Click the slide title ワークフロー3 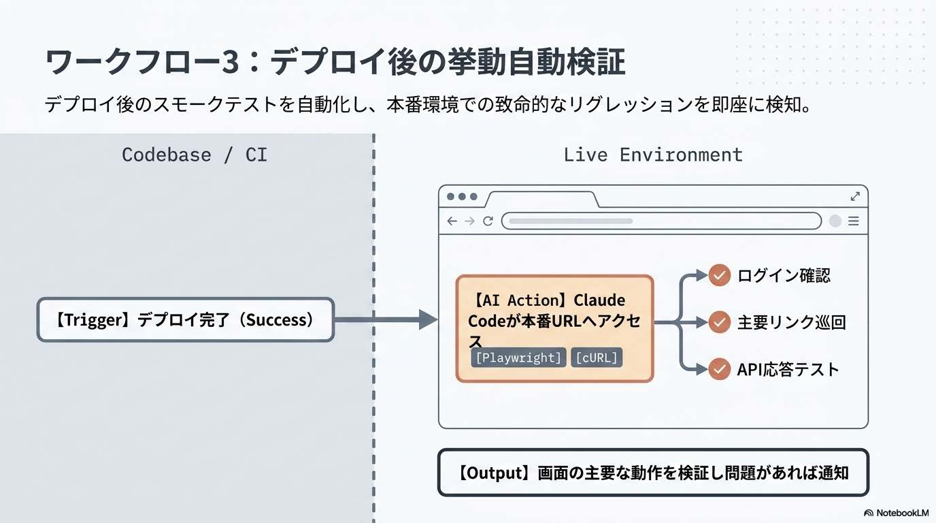(335, 63)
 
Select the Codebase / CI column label (195, 155)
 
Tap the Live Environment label (653, 155)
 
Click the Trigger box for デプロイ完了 (186, 319)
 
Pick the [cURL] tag (597, 358)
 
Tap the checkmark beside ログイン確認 (719, 275)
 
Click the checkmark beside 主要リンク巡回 (719, 321)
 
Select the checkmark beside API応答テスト (719, 369)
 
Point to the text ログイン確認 (784, 275)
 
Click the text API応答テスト (788, 369)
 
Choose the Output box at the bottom (653, 472)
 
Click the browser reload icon (488, 221)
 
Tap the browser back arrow (452, 221)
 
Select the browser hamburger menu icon (853, 221)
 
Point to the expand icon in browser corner (855, 196)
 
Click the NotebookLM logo (896, 513)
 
